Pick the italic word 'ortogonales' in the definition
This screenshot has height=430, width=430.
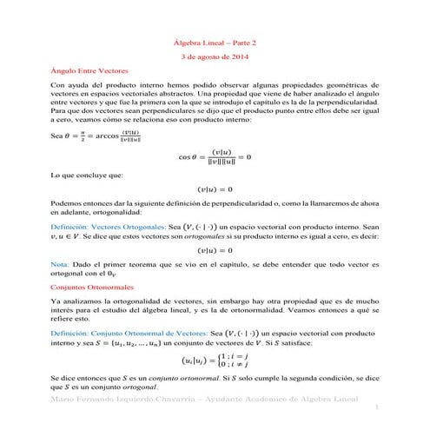pyautogui.click(x=226, y=236)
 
